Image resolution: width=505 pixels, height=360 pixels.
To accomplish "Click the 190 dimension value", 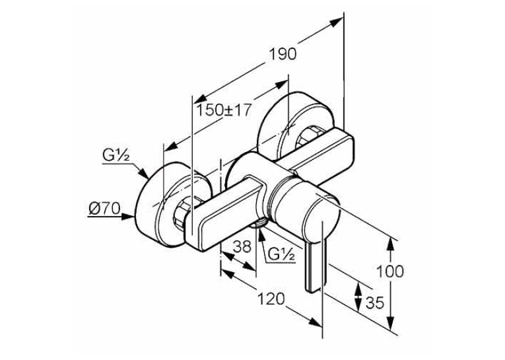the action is [x=283, y=54].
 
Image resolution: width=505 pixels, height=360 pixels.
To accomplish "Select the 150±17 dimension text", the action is [x=224, y=110].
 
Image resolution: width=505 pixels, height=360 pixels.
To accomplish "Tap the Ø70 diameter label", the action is [x=104, y=209].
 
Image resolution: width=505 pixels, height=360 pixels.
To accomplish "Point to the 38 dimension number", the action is [x=242, y=247].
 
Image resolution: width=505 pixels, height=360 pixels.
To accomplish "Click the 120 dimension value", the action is [x=271, y=299].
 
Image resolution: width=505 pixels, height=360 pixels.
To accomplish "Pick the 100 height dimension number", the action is [x=389, y=271].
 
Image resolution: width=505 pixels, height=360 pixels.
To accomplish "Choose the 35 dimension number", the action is [x=375, y=303].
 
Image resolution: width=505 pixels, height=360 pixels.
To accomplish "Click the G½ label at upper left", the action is [x=116, y=156].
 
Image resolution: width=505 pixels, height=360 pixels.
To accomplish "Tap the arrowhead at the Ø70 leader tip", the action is [x=128, y=217].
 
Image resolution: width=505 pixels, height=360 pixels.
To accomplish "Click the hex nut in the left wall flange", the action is [x=182, y=216].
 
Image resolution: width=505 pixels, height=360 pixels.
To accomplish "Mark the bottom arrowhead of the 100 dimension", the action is [x=390, y=322].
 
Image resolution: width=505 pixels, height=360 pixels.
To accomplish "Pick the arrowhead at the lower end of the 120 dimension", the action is [x=316, y=322].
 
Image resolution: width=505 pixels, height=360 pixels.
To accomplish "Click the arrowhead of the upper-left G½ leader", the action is [x=144, y=172].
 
